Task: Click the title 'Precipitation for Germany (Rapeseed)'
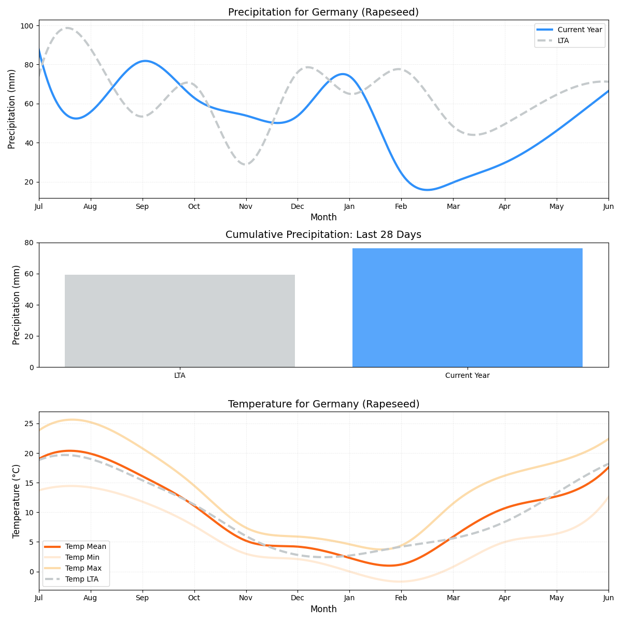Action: (323, 12)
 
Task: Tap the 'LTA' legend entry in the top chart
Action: (563, 40)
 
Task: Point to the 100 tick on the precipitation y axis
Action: (29, 26)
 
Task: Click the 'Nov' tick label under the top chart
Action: (246, 206)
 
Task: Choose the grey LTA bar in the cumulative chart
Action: (179, 321)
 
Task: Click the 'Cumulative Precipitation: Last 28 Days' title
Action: (323, 235)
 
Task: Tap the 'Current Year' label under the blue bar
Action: (467, 375)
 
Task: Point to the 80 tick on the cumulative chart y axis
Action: (29, 243)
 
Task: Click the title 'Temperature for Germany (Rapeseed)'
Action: (323, 404)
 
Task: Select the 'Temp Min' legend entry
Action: (82, 557)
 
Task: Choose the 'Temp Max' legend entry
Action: (83, 568)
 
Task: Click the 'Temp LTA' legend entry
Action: (81, 579)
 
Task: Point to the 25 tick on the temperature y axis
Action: (29, 423)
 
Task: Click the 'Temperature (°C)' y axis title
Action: (17, 501)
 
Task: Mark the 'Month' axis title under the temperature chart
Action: (323, 609)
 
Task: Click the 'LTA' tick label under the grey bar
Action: (179, 375)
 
